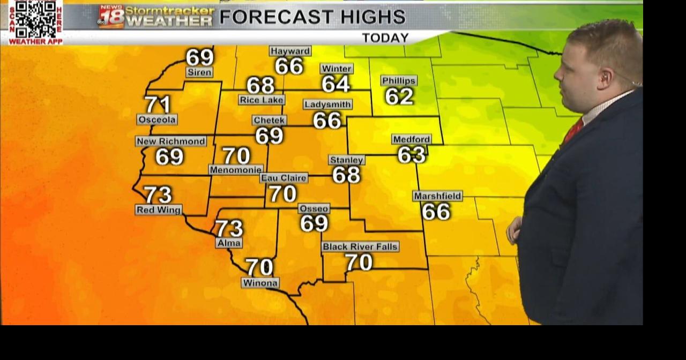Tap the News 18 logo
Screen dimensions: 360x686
tap(111, 17)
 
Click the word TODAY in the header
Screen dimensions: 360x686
tap(385, 38)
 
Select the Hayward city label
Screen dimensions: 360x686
tap(290, 51)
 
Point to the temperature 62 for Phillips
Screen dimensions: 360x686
tap(399, 96)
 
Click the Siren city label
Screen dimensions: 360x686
tap(199, 72)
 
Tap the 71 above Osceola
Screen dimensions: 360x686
tap(158, 104)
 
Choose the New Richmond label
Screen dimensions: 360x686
tap(171, 141)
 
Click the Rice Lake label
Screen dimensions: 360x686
tap(262, 100)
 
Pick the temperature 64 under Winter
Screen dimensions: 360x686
tap(335, 84)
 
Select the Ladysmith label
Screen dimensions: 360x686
tap(327, 104)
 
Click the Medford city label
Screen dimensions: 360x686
tap(412, 139)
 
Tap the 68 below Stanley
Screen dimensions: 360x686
tap(346, 175)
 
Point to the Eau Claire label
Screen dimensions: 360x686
tap(284, 178)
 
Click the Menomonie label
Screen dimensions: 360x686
tap(236, 170)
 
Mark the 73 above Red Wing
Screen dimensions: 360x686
tap(158, 194)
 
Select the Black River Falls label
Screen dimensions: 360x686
tap(360, 247)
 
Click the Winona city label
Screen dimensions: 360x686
tap(260, 283)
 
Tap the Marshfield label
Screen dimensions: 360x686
tap(437, 196)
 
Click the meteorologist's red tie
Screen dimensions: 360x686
tap(572, 131)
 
